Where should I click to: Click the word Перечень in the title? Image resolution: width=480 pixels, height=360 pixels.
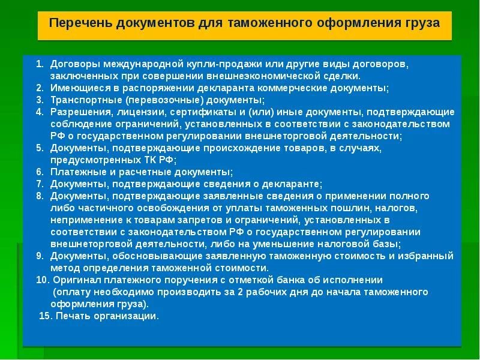(x=80, y=24)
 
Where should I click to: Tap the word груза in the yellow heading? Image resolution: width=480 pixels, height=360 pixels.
(x=421, y=24)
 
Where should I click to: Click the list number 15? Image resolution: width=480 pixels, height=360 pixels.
(x=45, y=316)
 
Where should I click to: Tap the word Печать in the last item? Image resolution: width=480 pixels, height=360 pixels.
(x=72, y=316)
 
